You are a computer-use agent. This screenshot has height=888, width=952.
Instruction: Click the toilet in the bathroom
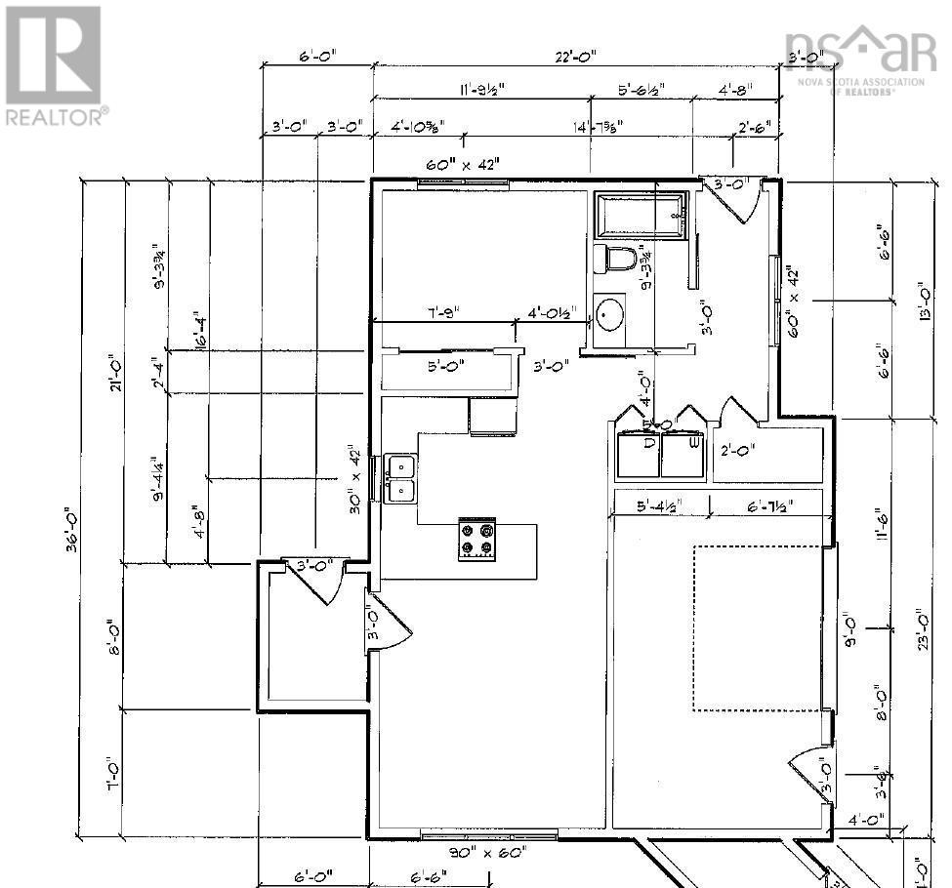(x=617, y=260)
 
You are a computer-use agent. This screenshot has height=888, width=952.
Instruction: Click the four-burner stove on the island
(x=477, y=540)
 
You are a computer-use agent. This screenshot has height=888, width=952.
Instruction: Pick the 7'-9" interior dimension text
(x=441, y=313)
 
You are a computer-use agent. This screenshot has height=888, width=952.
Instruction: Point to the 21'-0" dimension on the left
(x=116, y=372)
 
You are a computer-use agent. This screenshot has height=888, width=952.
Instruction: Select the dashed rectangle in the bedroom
(x=758, y=628)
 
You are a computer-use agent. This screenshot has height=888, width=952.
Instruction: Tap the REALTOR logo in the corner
(x=55, y=65)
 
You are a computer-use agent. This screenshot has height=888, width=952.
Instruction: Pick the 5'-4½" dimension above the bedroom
(x=658, y=505)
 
